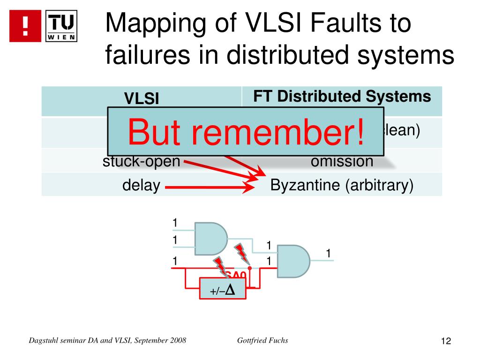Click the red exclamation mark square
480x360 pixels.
[24, 26]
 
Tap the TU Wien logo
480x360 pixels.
[62, 26]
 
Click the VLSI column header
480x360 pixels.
[141, 98]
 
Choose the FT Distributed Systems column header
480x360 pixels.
[342, 97]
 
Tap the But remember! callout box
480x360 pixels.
[246, 131]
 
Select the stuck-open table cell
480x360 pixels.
[141, 162]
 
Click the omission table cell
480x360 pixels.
[342, 162]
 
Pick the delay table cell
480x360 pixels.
[141, 186]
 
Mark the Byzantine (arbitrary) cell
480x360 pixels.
[342, 186]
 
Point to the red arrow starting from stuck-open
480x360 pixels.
[220, 170]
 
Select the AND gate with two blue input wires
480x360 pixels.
[210, 238]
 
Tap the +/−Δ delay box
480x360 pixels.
[223, 291]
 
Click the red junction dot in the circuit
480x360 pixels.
[250, 269]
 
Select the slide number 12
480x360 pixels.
[445, 341]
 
